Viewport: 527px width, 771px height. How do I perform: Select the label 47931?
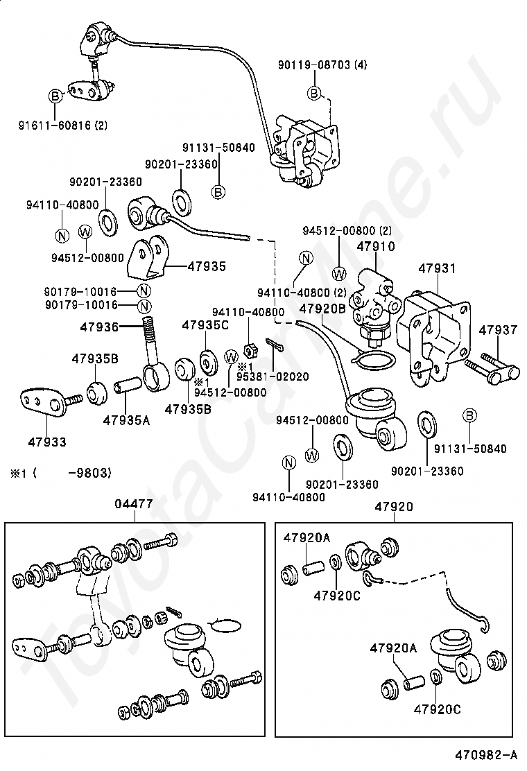click(x=437, y=268)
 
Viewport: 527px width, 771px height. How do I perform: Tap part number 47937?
click(x=498, y=330)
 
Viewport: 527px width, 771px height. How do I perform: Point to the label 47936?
click(x=98, y=327)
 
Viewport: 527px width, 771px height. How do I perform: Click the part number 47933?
click(x=48, y=442)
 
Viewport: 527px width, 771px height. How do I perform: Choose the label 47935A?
click(x=126, y=419)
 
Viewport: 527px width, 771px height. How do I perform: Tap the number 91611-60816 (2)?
click(x=62, y=125)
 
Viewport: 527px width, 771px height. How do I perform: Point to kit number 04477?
click(x=134, y=505)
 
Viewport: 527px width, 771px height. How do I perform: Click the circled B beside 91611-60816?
click(x=55, y=96)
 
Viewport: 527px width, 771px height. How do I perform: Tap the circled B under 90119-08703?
click(x=313, y=93)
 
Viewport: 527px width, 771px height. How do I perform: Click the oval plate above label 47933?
click(x=41, y=402)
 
